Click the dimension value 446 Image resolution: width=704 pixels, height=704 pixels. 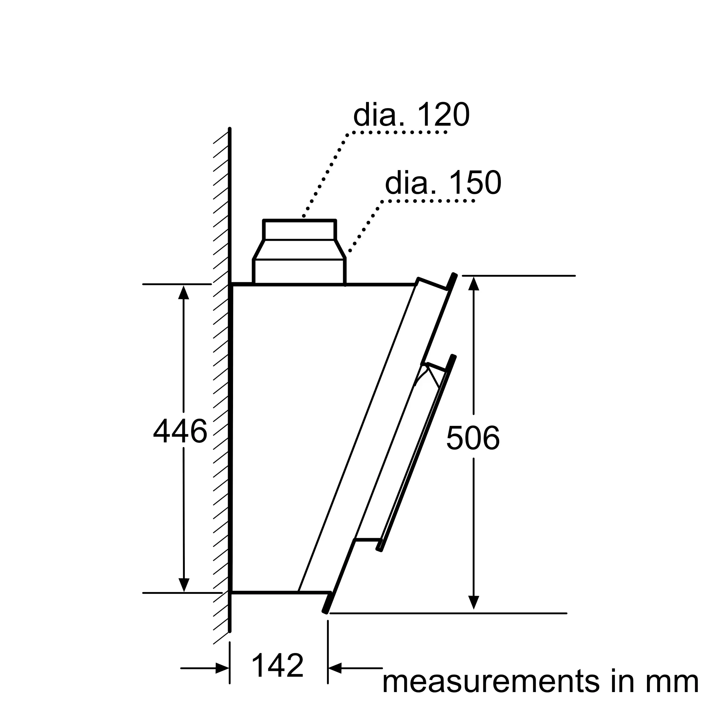(180, 431)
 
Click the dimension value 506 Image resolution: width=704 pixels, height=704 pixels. (473, 438)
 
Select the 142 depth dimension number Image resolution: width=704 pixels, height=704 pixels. (278, 666)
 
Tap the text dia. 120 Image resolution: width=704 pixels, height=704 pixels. (411, 115)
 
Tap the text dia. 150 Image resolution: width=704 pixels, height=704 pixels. (443, 183)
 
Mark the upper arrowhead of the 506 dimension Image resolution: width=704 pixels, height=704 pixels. (473, 283)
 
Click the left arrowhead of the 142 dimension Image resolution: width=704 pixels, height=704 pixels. (222, 668)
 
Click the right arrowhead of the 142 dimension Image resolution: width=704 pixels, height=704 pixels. (335, 668)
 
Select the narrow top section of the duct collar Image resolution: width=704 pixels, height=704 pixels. (299, 230)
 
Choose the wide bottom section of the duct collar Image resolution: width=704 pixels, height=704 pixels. (299, 272)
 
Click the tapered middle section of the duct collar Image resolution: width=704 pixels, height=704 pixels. (299, 250)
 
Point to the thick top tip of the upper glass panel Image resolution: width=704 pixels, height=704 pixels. (451, 281)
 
